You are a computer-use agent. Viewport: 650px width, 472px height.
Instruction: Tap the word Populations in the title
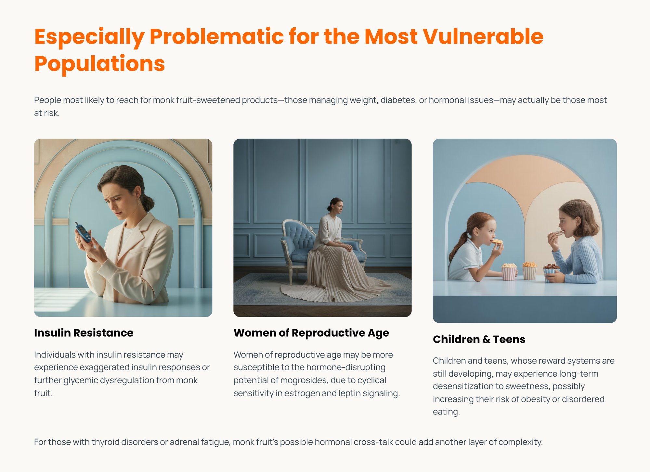99,63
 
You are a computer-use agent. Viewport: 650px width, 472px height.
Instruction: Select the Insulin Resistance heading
84,333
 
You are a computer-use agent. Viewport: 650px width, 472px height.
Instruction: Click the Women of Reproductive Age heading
311,333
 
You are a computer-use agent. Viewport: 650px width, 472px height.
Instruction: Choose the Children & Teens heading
479,339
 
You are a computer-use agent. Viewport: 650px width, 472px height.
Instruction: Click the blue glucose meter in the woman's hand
83,232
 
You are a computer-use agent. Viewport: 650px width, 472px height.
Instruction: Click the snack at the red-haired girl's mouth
497,241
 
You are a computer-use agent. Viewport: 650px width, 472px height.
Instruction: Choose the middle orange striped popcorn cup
529,271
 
